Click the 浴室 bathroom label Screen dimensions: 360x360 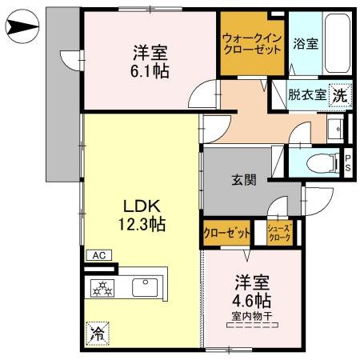coord(306,44)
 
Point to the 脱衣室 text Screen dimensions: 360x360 coord(307,94)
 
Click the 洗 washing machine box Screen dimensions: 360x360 coord(340,94)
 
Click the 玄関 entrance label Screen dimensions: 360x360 coord(244,180)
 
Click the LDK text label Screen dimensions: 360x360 coord(138,203)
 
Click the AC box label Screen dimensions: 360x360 coord(99,255)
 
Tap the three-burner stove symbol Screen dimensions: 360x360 coord(104,287)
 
